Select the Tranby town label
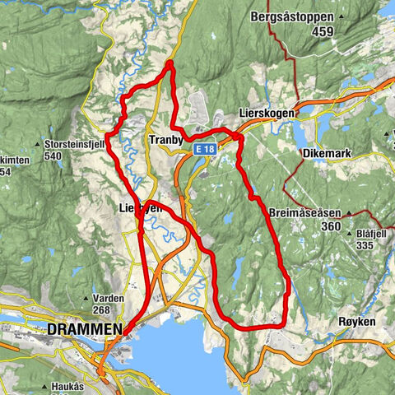pyautogui.click(x=166, y=140)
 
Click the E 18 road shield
pyautogui.click(x=206, y=149)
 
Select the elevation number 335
pyautogui.click(x=367, y=244)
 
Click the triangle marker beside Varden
pyautogui.click(x=86, y=298)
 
